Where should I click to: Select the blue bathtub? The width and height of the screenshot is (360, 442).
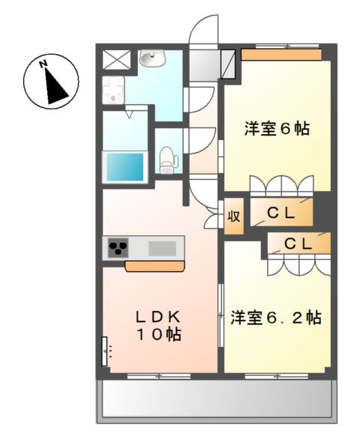coord(126,166)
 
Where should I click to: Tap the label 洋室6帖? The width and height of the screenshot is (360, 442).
coord(277,129)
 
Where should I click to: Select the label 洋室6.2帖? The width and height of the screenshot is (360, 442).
coord(276,318)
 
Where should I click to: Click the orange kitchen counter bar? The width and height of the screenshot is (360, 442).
coord(156,266)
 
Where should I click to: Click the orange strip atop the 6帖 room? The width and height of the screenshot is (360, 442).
coord(281,55)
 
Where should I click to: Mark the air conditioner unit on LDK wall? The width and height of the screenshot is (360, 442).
coord(105,350)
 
